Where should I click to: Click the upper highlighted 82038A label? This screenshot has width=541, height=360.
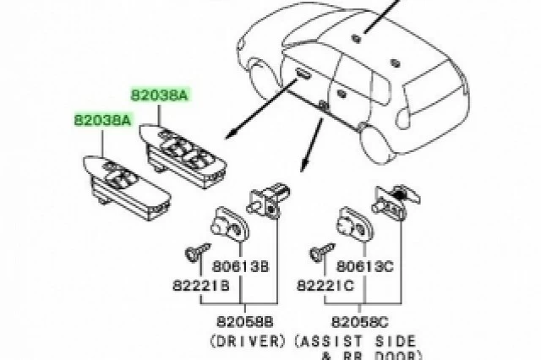point(160,94)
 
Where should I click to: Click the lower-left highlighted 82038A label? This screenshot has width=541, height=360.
point(103,120)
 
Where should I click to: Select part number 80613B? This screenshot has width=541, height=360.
point(240,266)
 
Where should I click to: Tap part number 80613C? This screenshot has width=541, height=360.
point(364,266)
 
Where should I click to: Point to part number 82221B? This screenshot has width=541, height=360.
point(201,286)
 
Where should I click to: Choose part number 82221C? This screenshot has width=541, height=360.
point(325,286)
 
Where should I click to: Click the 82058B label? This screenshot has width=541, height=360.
point(245,322)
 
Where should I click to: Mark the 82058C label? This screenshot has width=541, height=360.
point(360,322)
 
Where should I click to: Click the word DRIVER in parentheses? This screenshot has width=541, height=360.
point(248,341)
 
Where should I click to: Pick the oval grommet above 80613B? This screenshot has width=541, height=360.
point(229,225)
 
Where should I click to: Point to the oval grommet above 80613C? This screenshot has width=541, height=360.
point(355,225)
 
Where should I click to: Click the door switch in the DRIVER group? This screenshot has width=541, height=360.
point(269,201)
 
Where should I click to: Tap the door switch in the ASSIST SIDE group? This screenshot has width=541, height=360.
point(396,203)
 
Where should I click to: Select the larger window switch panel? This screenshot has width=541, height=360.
point(183,155)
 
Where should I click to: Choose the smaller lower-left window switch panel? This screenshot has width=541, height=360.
point(127,188)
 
